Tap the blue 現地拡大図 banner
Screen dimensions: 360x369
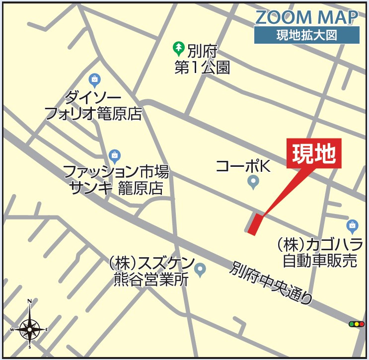[306, 35]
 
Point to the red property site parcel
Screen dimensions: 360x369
[255, 224]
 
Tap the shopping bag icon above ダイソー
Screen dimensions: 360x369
[94, 79]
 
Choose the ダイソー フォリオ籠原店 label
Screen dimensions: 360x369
[93, 105]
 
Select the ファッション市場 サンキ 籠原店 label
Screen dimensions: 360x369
[116, 180]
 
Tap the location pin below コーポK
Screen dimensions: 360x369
[253, 183]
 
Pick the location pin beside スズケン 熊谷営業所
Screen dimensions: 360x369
[200, 269]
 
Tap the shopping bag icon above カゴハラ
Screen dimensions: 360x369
[352, 225]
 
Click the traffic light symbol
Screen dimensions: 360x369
[357, 324]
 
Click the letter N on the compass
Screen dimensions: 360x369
[30, 301]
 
